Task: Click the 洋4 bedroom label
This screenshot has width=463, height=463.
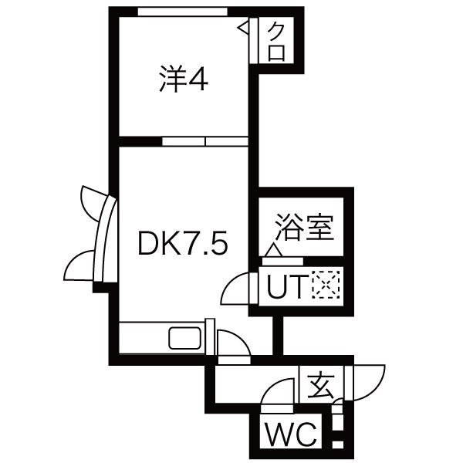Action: point(184,79)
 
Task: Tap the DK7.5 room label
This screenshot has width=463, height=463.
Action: point(183,243)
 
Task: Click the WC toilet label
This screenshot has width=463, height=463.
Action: point(291,435)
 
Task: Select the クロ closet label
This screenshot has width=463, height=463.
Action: point(277,42)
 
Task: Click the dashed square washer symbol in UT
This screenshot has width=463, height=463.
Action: point(326,285)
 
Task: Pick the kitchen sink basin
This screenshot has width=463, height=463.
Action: point(185,338)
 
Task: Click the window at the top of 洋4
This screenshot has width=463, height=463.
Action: point(183,12)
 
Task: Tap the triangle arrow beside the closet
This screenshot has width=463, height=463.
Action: point(243,29)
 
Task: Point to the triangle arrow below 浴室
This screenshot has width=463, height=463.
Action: point(273,250)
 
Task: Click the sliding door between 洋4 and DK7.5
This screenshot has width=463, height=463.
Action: point(205,141)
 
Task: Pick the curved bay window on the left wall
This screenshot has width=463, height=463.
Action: point(106,239)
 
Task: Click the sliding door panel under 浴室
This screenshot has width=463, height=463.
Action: point(282,262)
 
